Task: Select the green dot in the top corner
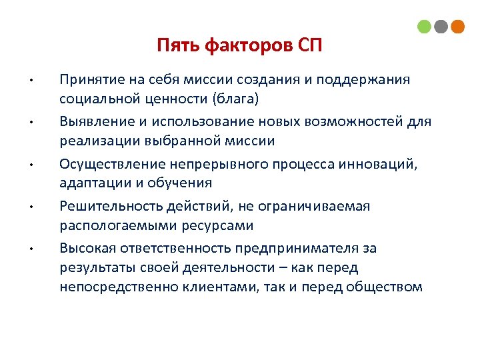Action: click(424, 27)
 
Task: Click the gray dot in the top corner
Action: click(441, 27)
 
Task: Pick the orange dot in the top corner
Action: click(457, 27)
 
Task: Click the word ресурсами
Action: click(217, 225)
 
